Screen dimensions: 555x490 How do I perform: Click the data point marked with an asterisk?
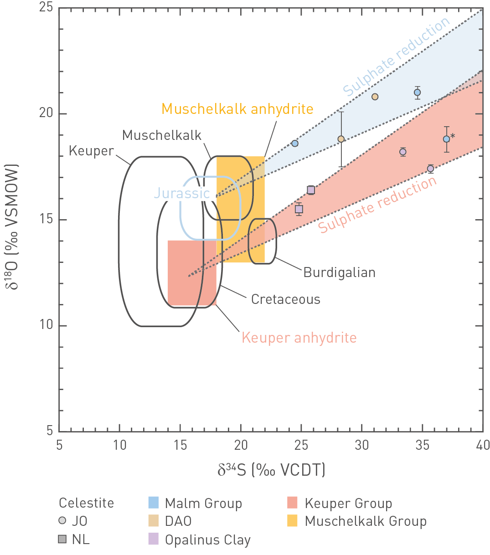(x=447, y=139)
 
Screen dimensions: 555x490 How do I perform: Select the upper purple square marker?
(x=311, y=190)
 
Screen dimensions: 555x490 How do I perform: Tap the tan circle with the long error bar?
(x=341, y=139)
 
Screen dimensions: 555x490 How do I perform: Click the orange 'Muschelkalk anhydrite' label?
(x=237, y=109)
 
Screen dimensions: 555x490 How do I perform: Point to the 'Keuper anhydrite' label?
(x=299, y=338)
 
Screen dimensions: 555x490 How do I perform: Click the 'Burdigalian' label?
(x=340, y=272)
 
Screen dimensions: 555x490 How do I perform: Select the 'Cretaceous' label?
(x=286, y=299)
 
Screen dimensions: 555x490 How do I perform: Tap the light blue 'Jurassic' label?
(x=182, y=193)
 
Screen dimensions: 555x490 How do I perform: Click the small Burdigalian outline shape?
(x=262, y=241)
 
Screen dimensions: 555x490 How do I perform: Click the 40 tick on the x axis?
(x=483, y=445)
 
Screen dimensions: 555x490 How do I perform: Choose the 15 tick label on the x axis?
(x=180, y=445)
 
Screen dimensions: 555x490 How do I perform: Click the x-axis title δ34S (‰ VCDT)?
(x=271, y=470)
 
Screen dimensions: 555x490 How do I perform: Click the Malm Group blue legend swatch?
(x=154, y=503)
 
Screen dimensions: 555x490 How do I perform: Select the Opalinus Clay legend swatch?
(x=154, y=539)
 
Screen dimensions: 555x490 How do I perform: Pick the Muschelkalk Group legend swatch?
(x=292, y=521)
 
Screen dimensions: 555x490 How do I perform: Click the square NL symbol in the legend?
(x=62, y=539)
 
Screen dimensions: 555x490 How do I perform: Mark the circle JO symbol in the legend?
(x=62, y=521)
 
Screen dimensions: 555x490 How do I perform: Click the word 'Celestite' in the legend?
(x=87, y=503)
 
